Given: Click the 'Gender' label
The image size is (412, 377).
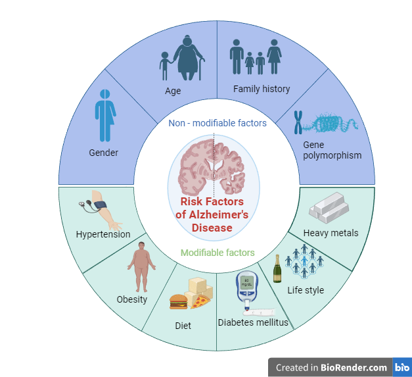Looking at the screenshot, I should [x=103, y=153].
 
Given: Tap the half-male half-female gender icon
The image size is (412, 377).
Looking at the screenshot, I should [x=105, y=116].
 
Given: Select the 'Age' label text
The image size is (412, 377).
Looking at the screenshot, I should [x=173, y=91].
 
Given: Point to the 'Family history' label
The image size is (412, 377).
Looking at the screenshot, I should [x=261, y=88].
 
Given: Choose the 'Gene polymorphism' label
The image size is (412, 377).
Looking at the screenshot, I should [x=332, y=149].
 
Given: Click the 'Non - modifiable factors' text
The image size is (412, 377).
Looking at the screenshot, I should [x=217, y=123].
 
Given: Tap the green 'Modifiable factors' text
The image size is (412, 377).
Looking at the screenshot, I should [x=217, y=252].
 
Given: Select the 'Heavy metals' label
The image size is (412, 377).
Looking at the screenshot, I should [x=331, y=232].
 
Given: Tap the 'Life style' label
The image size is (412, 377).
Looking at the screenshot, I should [x=306, y=289].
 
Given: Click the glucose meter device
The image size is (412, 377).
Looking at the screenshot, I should [x=246, y=288].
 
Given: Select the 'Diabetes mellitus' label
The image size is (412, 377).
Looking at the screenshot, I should [x=253, y=322].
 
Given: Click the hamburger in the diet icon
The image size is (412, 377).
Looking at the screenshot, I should [x=179, y=301].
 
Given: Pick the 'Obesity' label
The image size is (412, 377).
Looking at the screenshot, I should [x=132, y=299].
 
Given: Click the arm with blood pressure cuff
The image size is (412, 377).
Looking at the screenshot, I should [x=100, y=206].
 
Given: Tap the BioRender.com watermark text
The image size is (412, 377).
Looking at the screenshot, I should [x=331, y=367].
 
